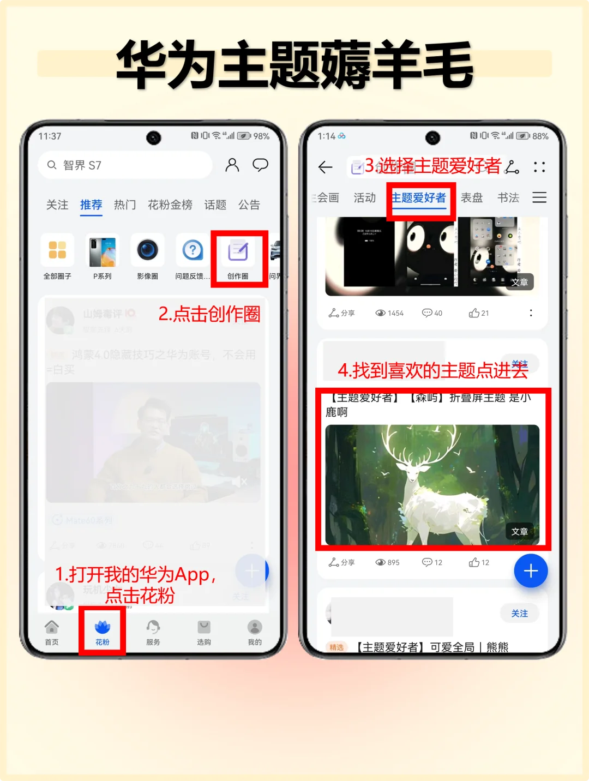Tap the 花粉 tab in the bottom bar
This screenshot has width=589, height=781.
click(x=102, y=632)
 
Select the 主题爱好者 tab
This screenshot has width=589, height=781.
click(x=419, y=198)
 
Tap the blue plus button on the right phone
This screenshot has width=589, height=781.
click(x=531, y=571)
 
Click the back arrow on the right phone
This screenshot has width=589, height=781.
click(x=326, y=167)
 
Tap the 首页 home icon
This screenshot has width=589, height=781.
click(x=52, y=632)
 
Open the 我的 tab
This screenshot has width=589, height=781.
click(x=255, y=632)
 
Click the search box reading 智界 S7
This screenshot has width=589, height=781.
click(x=125, y=165)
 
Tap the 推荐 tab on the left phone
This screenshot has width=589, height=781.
click(x=91, y=205)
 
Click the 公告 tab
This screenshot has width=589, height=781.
click(x=249, y=205)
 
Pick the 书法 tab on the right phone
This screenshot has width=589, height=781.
click(x=508, y=198)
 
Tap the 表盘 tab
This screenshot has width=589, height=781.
click(x=472, y=198)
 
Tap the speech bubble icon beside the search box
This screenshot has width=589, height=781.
click(x=260, y=165)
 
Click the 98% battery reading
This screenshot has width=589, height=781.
click(x=261, y=136)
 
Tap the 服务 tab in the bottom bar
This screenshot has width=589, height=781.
click(x=153, y=632)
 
